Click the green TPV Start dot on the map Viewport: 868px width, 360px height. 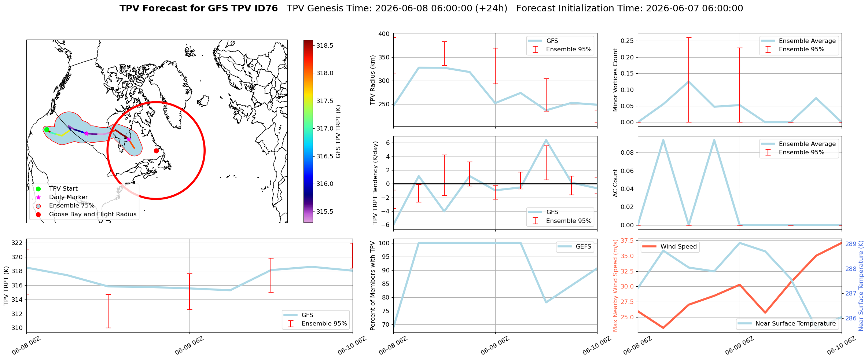(47, 129)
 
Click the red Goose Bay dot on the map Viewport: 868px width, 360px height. (156, 151)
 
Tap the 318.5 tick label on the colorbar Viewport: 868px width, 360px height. (325, 45)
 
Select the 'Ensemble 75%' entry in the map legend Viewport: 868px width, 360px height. (71, 206)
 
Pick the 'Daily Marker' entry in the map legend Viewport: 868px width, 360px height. (68, 197)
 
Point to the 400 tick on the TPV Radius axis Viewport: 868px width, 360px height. (384, 34)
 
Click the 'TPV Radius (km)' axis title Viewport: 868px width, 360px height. (373, 80)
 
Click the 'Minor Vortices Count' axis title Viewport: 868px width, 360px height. (615, 80)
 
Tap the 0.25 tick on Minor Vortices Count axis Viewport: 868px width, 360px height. (627, 41)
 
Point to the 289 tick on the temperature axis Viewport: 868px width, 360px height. (851, 244)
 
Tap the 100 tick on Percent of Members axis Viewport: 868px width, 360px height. (384, 243)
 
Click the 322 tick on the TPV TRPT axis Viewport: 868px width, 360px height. (17, 243)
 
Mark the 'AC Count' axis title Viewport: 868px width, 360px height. (615, 183)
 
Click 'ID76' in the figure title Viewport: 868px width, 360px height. (267, 8)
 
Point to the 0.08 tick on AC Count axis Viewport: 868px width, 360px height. (627, 153)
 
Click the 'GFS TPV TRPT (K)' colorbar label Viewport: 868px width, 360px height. (338, 132)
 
